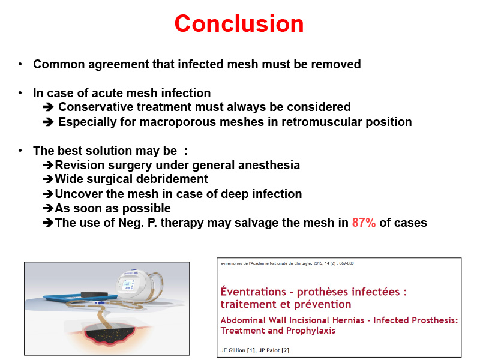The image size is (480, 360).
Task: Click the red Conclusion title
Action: [x=239, y=23]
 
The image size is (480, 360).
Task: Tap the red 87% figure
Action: [x=364, y=223]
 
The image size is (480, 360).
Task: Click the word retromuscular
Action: [x=322, y=122]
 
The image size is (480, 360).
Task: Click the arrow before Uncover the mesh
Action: [x=48, y=194]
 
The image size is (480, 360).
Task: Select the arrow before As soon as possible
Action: [x=48, y=208]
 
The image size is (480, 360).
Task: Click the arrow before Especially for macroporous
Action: [x=48, y=122]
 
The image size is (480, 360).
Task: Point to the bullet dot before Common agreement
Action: [x=20, y=64]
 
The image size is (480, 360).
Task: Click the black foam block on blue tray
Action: [x=95, y=295]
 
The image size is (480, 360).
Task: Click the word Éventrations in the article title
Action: [x=253, y=292]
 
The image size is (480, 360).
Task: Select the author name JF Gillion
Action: [x=233, y=350]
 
